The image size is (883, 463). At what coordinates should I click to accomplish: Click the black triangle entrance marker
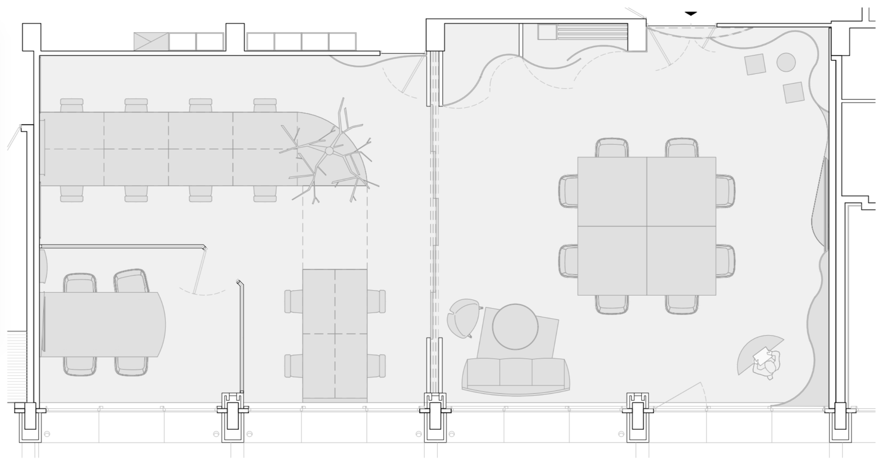(x=691, y=13)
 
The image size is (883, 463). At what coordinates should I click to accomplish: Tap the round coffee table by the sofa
(x=515, y=327)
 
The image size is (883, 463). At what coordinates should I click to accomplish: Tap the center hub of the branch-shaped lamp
(x=329, y=151)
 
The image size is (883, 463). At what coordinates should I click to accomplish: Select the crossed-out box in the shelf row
(x=151, y=41)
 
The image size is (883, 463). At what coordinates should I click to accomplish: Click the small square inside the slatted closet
(x=547, y=32)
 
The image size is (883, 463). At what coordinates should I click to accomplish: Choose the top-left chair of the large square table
(x=612, y=148)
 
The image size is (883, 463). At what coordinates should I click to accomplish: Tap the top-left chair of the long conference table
(x=72, y=105)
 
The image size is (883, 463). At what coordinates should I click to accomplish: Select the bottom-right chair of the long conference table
(x=265, y=194)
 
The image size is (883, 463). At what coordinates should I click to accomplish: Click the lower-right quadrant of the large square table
(x=681, y=260)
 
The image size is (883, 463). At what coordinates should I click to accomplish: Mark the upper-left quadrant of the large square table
(x=612, y=191)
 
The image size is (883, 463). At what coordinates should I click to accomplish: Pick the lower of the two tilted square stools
(x=793, y=92)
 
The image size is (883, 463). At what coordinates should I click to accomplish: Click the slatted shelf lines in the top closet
(x=592, y=32)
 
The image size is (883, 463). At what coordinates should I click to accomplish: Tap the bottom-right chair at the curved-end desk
(x=131, y=366)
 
